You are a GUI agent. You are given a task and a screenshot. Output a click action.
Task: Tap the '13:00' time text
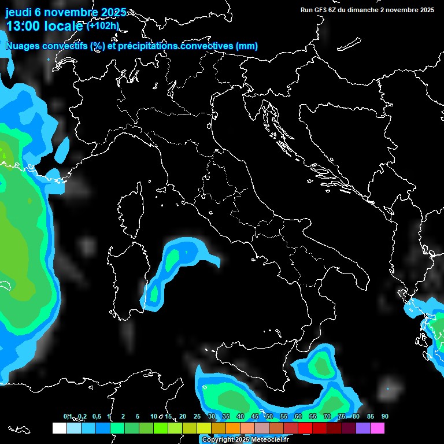23,26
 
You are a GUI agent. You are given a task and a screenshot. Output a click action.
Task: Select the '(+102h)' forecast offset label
102,26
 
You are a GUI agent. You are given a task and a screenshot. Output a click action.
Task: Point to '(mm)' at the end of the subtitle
247,46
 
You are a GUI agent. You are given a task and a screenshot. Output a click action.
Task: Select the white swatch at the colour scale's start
59,428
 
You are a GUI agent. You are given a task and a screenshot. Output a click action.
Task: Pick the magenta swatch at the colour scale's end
378,428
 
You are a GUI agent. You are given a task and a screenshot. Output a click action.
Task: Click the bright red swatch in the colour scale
305,428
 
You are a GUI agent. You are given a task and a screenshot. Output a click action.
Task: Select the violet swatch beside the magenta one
363,428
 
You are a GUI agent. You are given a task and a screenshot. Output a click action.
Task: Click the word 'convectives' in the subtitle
205,46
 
